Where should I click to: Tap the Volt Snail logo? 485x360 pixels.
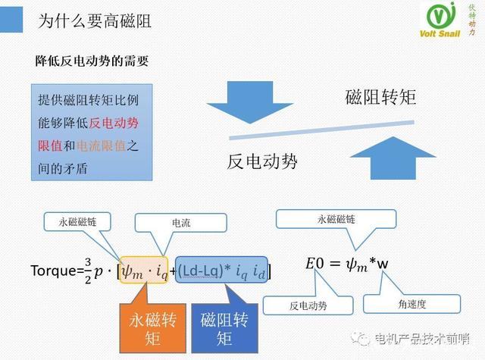[x=451, y=22]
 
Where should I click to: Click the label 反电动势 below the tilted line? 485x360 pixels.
[x=262, y=161]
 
